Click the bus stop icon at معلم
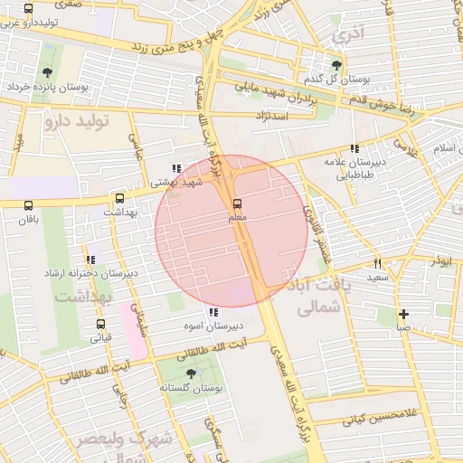tap(238, 203)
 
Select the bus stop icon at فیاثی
tap(100, 324)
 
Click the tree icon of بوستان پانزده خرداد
tap(47, 73)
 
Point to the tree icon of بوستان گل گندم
tap(337, 65)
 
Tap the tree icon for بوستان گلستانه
tap(191, 373)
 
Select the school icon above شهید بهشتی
tap(176, 167)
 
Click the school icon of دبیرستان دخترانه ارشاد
tap(90, 260)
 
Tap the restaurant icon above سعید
tap(377, 263)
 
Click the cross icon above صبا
tap(403, 314)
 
